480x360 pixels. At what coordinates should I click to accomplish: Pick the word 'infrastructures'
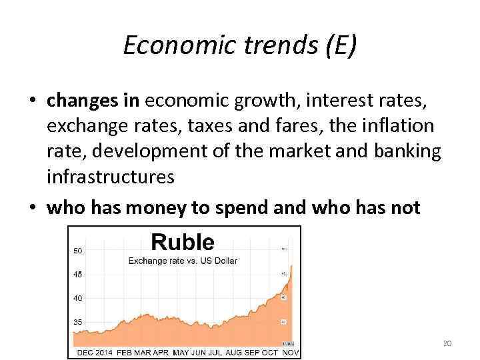[x=111, y=176]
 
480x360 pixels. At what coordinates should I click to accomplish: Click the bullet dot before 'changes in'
[x=32, y=101]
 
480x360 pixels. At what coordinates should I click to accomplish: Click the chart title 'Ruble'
[x=182, y=242]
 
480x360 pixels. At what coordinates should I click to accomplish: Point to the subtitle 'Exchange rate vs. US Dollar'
[x=183, y=260]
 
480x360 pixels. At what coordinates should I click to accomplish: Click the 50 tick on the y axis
[x=78, y=250]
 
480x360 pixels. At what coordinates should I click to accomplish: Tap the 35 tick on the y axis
[x=78, y=321]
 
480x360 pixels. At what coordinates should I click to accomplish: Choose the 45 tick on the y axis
[x=78, y=273]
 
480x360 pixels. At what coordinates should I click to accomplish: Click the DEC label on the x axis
[x=90, y=351]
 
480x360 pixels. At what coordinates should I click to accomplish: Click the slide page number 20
[x=447, y=343]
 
